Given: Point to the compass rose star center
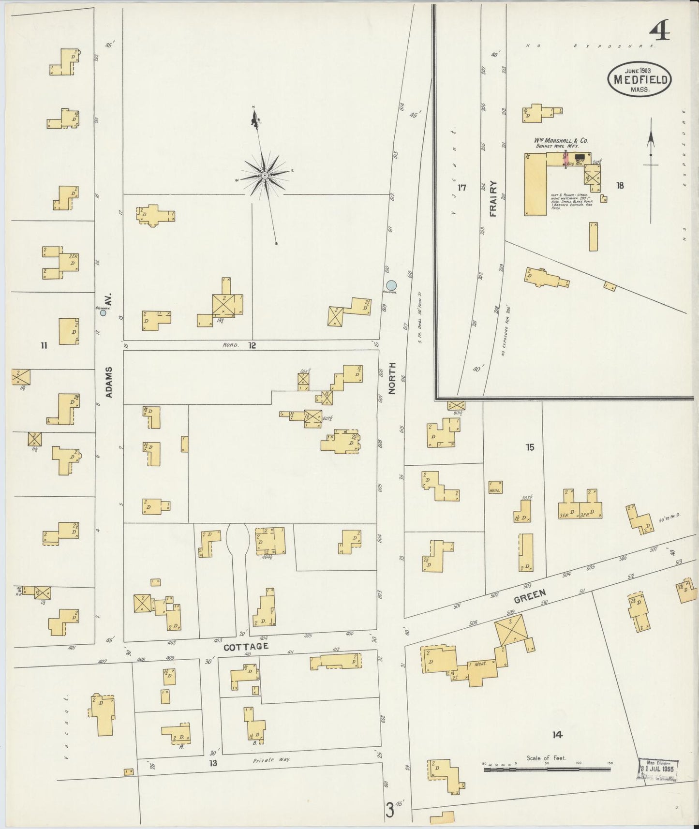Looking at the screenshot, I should (265, 175).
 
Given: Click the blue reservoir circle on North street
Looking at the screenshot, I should (392, 285).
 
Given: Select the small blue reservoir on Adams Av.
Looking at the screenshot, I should (103, 313).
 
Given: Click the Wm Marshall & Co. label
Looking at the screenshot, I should (561, 140).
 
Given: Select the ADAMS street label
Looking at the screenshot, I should (109, 382).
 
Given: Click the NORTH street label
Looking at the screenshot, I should (392, 378).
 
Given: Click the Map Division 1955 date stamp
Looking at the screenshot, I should (658, 769).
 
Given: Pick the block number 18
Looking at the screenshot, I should (620, 185).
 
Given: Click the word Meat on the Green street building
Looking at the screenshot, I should (480, 664).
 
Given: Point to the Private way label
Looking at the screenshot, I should (271, 760).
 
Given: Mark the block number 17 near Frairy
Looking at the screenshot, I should (462, 187).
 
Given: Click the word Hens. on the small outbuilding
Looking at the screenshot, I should (494, 490).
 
